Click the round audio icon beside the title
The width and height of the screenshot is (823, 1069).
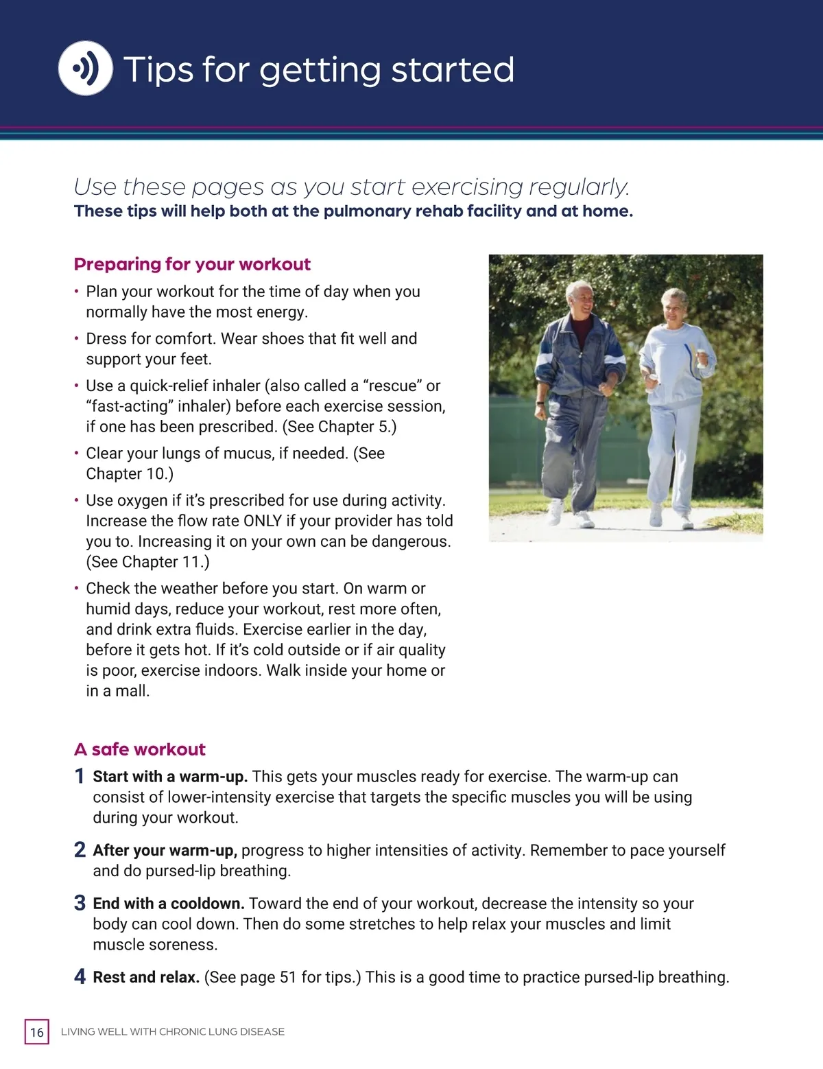[x=85, y=68]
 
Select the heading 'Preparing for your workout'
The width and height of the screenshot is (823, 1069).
[x=192, y=264]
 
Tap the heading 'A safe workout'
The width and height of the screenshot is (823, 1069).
[x=140, y=749]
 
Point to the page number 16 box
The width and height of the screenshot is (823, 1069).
[x=37, y=1031]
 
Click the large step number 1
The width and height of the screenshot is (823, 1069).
[x=80, y=776]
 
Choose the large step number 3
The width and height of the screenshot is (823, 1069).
[x=80, y=903]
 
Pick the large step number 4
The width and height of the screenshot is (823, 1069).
[x=80, y=976]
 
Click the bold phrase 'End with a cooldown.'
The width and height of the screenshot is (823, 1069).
[x=169, y=904]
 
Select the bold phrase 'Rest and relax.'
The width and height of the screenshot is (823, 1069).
[x=146, y=977]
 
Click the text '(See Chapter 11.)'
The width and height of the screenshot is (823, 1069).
[x=147, y=562]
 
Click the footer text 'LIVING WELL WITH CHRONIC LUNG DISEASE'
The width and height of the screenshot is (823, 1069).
[x=173, y=1032]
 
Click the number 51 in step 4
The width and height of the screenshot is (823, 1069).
[x=288, y=977]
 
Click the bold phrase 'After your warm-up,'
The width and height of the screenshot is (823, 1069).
[x=165, y=851]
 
